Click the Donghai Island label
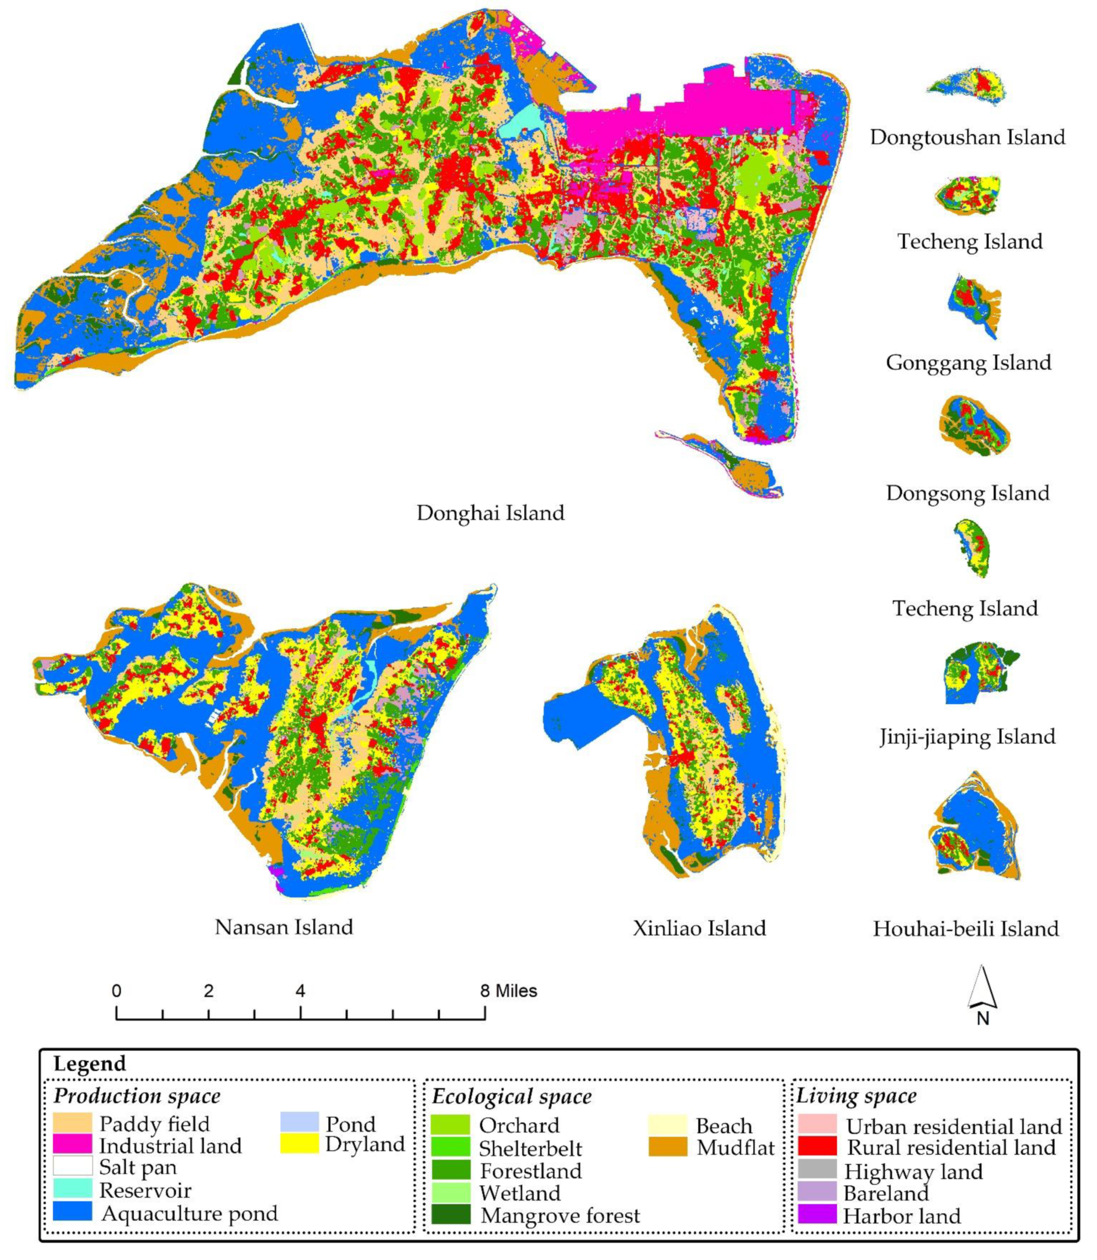(x=490, y=513)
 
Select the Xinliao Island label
(x=699, y=928)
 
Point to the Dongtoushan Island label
(x=967, y=137)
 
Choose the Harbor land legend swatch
(x=817, y=1215)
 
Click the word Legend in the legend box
(x=90, y=1063)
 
